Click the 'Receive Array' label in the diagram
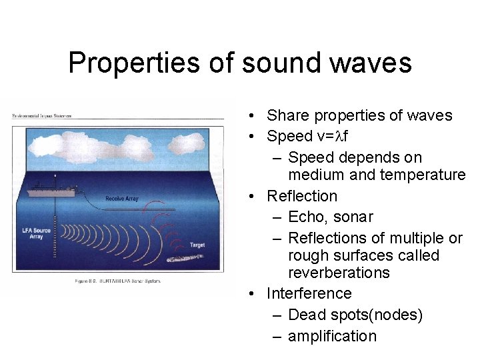[x=121, y=198]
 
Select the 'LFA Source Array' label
[x=36, y=233]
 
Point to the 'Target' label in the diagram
[x=197, y=245]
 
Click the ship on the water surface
[x=53, y=187]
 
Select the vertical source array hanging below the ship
[x=55, y=233]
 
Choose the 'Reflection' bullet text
[x=302, y=196]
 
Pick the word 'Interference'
[x=309, y=293]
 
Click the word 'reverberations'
[x=339, y=273]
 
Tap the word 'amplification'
[x=332, y=336]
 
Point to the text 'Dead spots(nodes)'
[x=355, y=315]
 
